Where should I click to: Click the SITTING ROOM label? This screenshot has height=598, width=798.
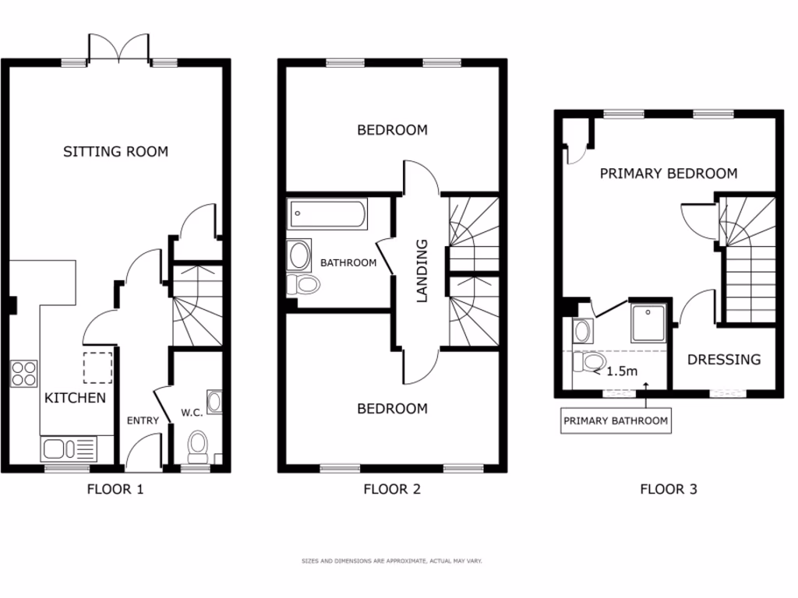pos(115,152)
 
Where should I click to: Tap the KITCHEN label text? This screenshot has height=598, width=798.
pos(75,399)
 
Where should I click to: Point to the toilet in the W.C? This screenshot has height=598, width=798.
pos(198,445)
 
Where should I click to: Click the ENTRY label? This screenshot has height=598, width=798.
pos(143,420)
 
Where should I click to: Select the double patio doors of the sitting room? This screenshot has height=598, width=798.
pos(118,48)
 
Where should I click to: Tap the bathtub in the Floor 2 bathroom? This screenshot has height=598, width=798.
pos(327,213)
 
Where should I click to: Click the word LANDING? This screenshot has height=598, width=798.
pos(422,270)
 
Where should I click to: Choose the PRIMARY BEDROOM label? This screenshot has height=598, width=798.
pos(668,174)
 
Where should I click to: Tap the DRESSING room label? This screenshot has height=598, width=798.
pos(723,360)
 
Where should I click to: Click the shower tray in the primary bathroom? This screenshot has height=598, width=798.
pos(649,322)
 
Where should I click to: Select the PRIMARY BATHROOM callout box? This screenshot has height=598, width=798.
pos(616,421)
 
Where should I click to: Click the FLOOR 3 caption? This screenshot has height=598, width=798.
pos(668,490)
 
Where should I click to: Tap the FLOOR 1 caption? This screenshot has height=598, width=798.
pos(115,490)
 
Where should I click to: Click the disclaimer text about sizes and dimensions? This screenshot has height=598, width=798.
pos(392,561)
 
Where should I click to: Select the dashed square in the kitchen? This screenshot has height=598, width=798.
pos(98,368)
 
